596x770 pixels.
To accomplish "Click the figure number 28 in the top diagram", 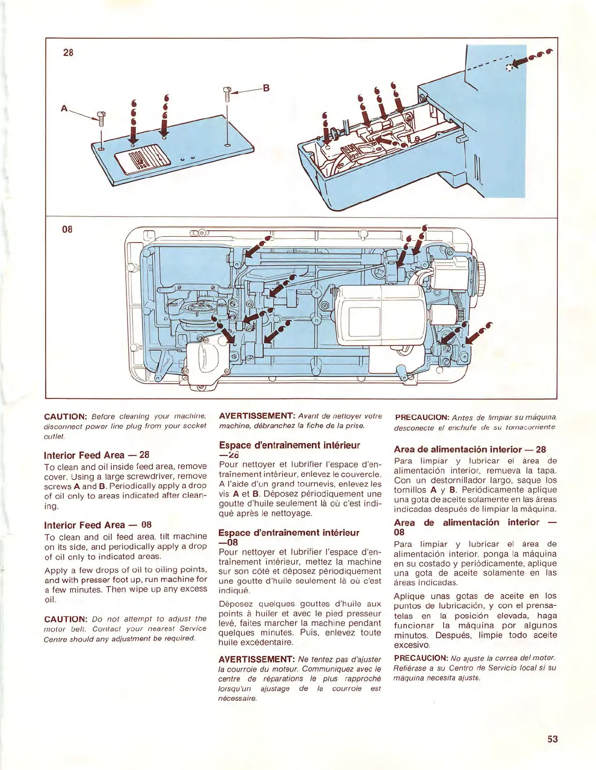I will point(68,52).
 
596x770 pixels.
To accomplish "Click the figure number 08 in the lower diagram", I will point(67,229).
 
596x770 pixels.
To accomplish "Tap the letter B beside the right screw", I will point(266,88).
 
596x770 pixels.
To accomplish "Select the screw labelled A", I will point(102,118).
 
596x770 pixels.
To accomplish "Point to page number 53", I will point(552,739).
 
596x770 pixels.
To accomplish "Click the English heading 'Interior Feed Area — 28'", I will point(97,455).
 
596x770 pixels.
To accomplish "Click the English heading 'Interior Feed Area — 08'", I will point(98,525).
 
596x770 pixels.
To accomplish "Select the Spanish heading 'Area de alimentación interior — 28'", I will point(470,449).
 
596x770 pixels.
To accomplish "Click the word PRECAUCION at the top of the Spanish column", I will point(422,418).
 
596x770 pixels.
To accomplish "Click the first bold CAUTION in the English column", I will point(65,417).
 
